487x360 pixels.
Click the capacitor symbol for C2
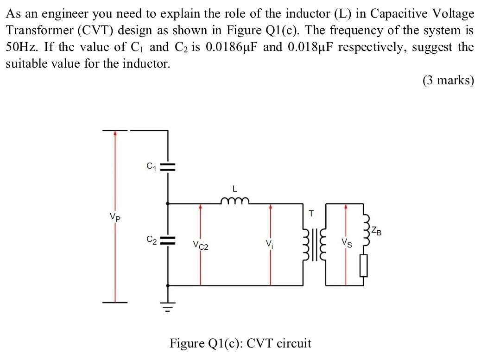point(168,240)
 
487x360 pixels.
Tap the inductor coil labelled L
point(235,201)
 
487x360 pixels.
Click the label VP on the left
point(115,217)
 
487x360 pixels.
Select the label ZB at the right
point(378,230)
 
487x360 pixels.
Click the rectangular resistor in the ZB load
point(364,267)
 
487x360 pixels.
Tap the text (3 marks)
point(448,81)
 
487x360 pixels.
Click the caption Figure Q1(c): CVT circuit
point(240,343)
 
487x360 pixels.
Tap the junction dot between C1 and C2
point(168,202)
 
